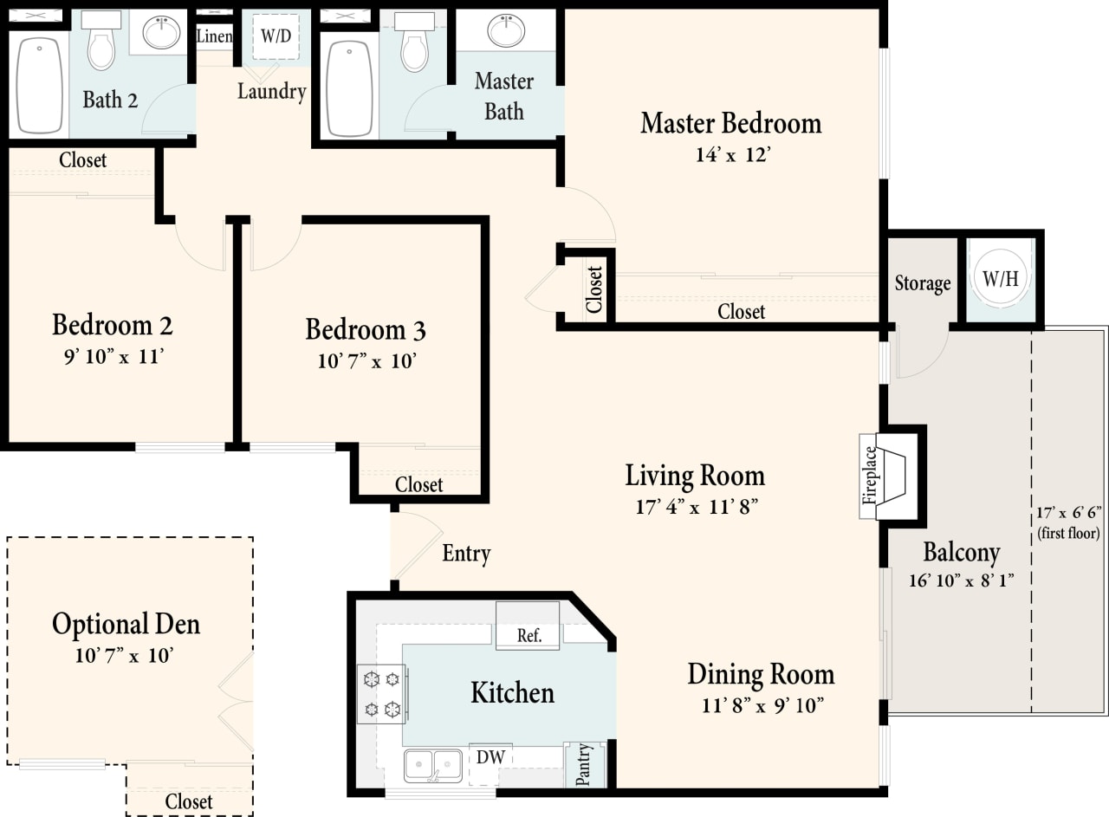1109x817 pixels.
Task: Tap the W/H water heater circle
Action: coord(1000,278)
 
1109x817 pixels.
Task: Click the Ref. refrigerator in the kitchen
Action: coord(529,635)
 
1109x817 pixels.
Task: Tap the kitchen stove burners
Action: coord(382,693)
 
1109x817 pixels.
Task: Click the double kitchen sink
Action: coord(433,765)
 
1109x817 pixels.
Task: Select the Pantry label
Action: coord(584,763)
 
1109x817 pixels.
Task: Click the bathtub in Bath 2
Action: coord(40,85)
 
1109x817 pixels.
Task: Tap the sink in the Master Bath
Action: coord(506,31)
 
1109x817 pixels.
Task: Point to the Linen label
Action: coord(214,36)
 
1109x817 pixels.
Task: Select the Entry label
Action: coord(466,554)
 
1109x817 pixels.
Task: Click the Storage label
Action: coord(922,283)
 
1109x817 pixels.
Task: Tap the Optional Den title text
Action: coord(126,624)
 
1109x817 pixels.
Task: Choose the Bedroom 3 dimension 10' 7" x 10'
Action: coord(366,360)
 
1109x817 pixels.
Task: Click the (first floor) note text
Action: coord(1068,534)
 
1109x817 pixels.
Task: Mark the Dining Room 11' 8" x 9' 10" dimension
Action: coord(762,705)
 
